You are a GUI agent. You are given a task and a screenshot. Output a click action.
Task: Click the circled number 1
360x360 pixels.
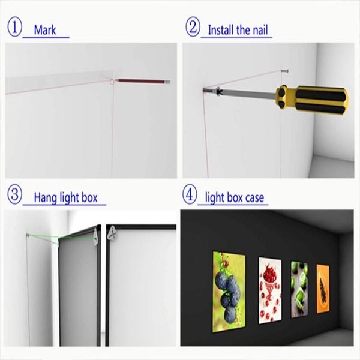pyautogui.click(x=14, y=28)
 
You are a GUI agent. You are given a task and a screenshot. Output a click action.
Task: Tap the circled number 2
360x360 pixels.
pyautogui.click(x=193, y=26)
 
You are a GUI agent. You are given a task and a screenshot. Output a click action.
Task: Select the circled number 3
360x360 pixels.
pyautogui.click(x=14, y=194)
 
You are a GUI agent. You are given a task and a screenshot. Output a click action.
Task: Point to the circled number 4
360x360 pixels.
pyautogui.click(x=190, y=194)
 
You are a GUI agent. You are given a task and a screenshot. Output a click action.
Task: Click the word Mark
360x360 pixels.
pyautogui.click(x=45, y=30)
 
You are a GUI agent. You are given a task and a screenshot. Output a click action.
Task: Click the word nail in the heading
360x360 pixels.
pyautogui.click(x=260, y=30)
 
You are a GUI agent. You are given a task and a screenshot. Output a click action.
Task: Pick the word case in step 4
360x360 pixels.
pyautogui.click(x=254, y=198)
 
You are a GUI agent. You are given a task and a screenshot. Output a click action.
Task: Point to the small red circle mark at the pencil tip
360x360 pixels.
pyautogui.click(x=112, y=81)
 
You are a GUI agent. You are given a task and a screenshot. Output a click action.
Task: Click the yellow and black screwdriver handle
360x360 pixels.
pyautogui.click(x=312, y=100)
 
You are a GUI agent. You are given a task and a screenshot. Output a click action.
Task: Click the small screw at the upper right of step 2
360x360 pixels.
pyautogui.click(x=284, y=71)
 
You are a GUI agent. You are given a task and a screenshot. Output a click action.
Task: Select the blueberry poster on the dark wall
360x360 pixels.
pyautogui.click(x=229, y=292)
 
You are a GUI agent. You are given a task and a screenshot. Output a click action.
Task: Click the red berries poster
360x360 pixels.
pyautogui.click(x=270, y=290)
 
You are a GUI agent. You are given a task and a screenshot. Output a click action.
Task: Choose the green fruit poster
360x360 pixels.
pyautogui.click(x=299, y=289)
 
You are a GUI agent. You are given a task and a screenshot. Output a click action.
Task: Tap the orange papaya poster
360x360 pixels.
pyautogui.click(x=323, y=289)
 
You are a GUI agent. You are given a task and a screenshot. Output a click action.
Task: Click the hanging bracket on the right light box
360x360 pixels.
pyautogui.click(x=113, y=234)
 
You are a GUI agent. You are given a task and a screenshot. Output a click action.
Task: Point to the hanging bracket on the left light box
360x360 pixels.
pyautogui.click(x=95, y=237)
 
